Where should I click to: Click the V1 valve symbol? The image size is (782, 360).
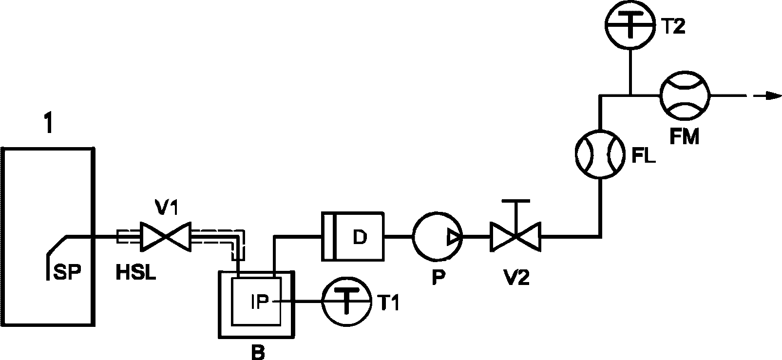[166, 236]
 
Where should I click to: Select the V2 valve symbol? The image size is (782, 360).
[515, 236]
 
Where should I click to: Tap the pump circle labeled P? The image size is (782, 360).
[437, 236]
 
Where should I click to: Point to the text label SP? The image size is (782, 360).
[67, 272]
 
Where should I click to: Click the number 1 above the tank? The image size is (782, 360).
[49, 123]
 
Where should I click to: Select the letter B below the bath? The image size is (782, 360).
[258, 352]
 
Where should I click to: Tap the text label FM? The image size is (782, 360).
[685, 136]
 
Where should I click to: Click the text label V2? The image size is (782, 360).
[516, 278]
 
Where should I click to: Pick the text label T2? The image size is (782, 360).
[673, 26]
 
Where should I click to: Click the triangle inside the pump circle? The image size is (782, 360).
[454, 237]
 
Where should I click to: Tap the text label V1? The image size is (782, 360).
[167, 208]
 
